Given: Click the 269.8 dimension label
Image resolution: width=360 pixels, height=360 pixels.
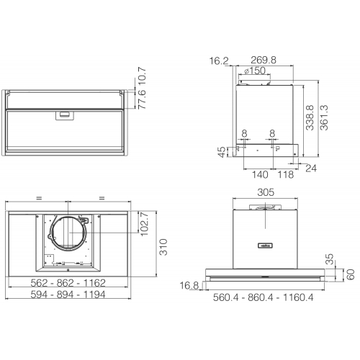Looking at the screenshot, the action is coord(264,60).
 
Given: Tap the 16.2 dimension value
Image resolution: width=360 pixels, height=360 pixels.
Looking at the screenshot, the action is coord(219,61).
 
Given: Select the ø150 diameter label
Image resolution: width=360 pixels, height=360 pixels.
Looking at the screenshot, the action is coord(255,71).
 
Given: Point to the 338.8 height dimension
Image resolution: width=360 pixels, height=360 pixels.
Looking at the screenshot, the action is coord(310,117).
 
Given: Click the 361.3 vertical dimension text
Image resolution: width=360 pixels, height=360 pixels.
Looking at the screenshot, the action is coord(324,117).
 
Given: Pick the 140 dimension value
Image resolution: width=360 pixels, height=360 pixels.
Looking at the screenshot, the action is coord(260,174).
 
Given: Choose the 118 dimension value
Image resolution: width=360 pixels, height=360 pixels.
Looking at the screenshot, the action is coord(286,174).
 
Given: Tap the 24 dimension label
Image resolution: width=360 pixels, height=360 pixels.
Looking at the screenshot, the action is coord(311,168).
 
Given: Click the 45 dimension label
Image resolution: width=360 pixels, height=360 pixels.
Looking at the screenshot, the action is coord(222,152).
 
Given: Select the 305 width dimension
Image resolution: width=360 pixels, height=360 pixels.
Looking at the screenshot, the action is coord(266,192).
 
